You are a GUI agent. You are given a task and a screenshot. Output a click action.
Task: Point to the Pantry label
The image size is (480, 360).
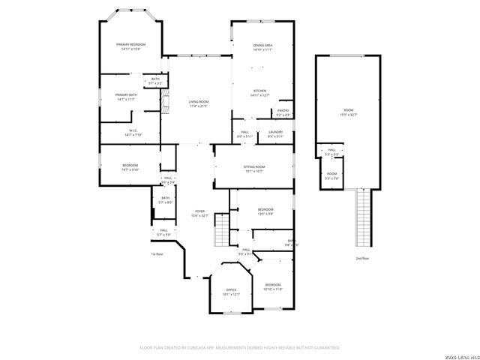tap(283, 112)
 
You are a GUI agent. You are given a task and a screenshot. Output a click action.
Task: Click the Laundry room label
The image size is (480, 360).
tap(275, 133)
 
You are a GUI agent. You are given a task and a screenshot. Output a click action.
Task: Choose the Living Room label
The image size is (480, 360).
tap(198, 103)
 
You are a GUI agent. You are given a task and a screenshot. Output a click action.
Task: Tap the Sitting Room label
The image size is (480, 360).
tap(254, 168)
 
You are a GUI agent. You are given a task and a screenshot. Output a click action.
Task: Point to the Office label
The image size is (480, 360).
tap(231, 291)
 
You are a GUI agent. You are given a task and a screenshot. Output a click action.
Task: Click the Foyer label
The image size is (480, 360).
tap(199, 213)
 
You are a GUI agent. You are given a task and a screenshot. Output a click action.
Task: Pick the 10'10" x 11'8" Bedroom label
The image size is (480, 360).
tap(272, 286)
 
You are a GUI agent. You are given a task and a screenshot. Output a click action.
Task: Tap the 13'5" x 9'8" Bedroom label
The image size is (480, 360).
tap(265, 211)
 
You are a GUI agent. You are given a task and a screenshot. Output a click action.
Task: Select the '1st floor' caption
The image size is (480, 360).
tap(157, 254)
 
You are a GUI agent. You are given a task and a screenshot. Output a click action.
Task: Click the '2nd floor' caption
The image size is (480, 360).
tap(362, 258)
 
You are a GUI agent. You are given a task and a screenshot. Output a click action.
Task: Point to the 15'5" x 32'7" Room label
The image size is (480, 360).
tap(349, 112)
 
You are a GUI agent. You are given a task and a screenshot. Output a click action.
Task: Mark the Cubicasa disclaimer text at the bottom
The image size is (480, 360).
tap(239, 348)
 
